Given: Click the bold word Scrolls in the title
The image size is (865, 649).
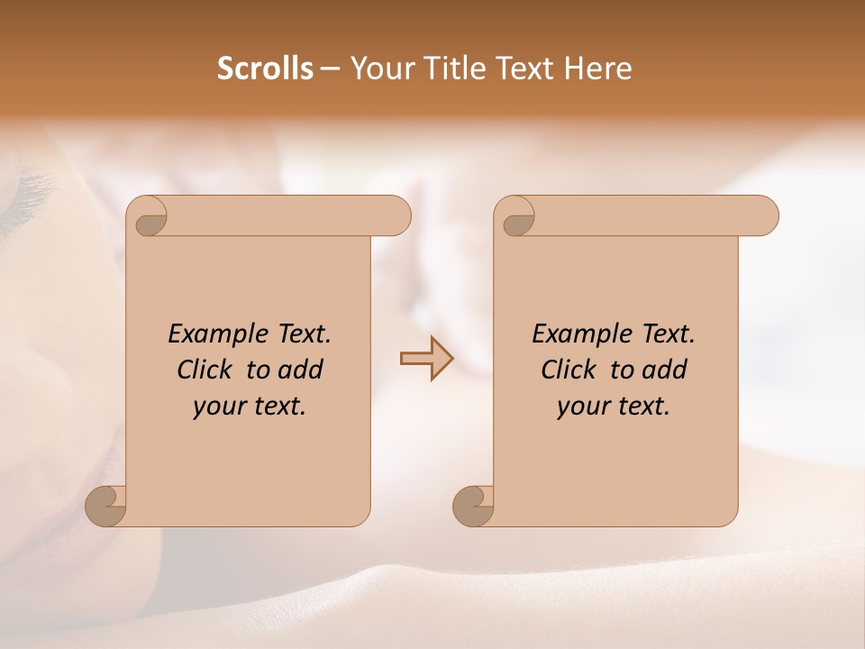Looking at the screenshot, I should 266,69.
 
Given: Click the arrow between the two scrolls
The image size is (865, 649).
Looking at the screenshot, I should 426,358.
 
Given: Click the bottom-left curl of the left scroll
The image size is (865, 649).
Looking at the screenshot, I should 105,506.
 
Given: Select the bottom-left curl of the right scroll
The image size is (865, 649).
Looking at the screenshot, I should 472,506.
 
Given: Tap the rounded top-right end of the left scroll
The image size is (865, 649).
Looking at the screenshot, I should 396,216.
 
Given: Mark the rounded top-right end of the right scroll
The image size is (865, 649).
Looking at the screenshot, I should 763,216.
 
